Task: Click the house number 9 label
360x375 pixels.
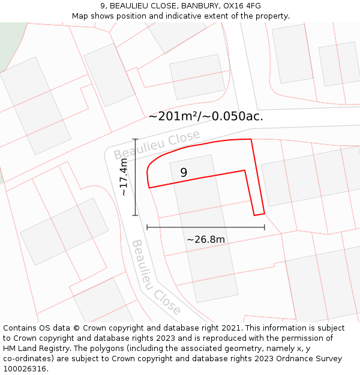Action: tap(184, 172)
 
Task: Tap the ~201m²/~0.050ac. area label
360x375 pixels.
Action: tap(206, 116)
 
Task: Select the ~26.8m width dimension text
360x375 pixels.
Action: tap(206, 240)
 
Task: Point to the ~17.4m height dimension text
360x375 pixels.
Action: tap(124, 177)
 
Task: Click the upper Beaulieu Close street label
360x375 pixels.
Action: tap(157, 146)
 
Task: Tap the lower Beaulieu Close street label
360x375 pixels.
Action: tap(155, 277)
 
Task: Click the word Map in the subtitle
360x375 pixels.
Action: tap(81, 16)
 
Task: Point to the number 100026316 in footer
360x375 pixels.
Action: tap(25, 369)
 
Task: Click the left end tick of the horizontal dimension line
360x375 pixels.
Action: tap(147, 227)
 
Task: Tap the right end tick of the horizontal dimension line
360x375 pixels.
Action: tap(265, 227)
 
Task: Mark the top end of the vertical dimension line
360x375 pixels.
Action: tap(135, 139)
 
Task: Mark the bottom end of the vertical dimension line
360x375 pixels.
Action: tap(135, 215)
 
